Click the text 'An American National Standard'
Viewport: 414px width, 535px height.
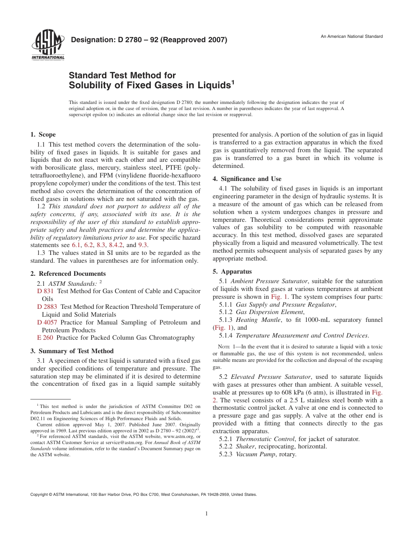pyautogui.click(x=352, y=36)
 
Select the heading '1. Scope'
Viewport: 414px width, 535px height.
pyautogui.click(x=43, y=135)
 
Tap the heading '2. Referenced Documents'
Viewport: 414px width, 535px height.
pyautogui.click(x=68, y=274)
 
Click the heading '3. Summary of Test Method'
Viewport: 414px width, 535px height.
pyautogui.click(x=72, y=351)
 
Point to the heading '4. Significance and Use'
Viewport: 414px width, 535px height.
pyautogui.click(x=247, y=179)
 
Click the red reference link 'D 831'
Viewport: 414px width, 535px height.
pyautogui.click(x=45, y=291)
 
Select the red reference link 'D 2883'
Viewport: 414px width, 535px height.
pyautogui.click(x=47, y=307)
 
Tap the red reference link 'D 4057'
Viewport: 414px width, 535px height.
pyautogui.click(x=47, y=322)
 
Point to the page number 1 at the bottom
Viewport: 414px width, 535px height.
pyautogui.click(x=207, y=514)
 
